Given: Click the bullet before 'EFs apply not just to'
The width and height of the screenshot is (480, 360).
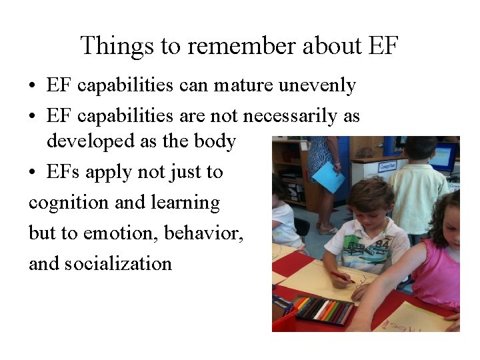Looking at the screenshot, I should point(33,173).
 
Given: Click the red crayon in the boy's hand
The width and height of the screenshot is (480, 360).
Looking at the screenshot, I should point(342,276).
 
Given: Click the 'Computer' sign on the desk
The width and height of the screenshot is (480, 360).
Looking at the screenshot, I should point(387,165).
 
